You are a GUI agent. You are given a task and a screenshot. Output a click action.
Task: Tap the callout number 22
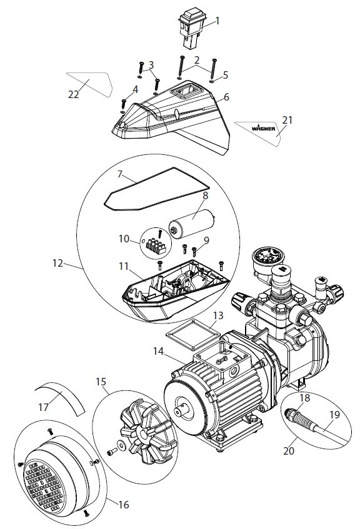tap(73, 94)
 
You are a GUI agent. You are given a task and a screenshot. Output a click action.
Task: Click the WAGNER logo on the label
tap(263, 129)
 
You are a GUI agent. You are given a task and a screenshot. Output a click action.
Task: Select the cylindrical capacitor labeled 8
tap(192, 224)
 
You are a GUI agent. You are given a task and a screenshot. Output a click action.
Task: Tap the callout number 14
tap(158, 351)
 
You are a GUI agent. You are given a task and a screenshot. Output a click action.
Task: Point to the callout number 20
tap(288, 451)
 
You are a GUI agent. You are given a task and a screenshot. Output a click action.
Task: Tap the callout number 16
tap(124, 505)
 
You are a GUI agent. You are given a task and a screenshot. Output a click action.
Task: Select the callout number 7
tap(120, 174)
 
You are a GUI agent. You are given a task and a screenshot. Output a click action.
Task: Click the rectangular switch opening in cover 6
tap(184, 91)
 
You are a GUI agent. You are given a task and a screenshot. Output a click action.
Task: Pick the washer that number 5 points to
tap(212, 81)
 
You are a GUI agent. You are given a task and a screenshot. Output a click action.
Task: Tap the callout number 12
tap(57, 263)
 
